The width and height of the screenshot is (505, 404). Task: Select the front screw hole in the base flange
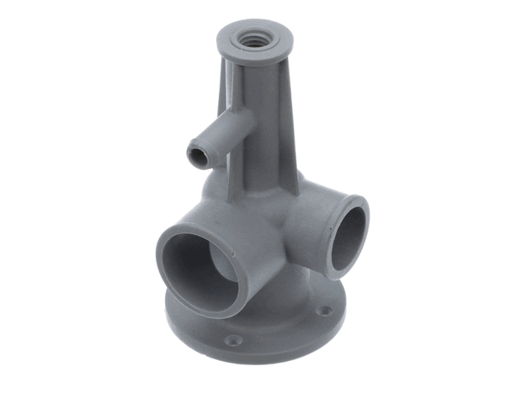click(x=234, y=340)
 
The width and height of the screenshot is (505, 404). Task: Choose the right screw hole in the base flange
click(x=325, y=311)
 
